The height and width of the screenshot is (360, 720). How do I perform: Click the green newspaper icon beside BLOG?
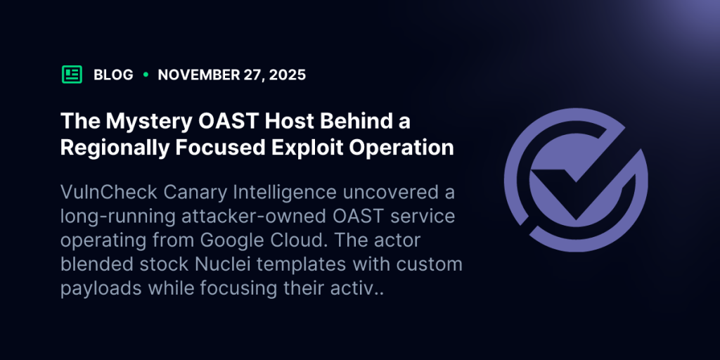[x=72, y=75]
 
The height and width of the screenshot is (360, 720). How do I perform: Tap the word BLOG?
[x=113, y=75]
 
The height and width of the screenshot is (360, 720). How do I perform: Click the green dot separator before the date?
[x=146, y=75]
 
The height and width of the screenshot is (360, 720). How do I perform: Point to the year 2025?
[x=288, y=75]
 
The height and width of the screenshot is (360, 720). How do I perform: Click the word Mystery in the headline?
[x=139, y=121]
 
